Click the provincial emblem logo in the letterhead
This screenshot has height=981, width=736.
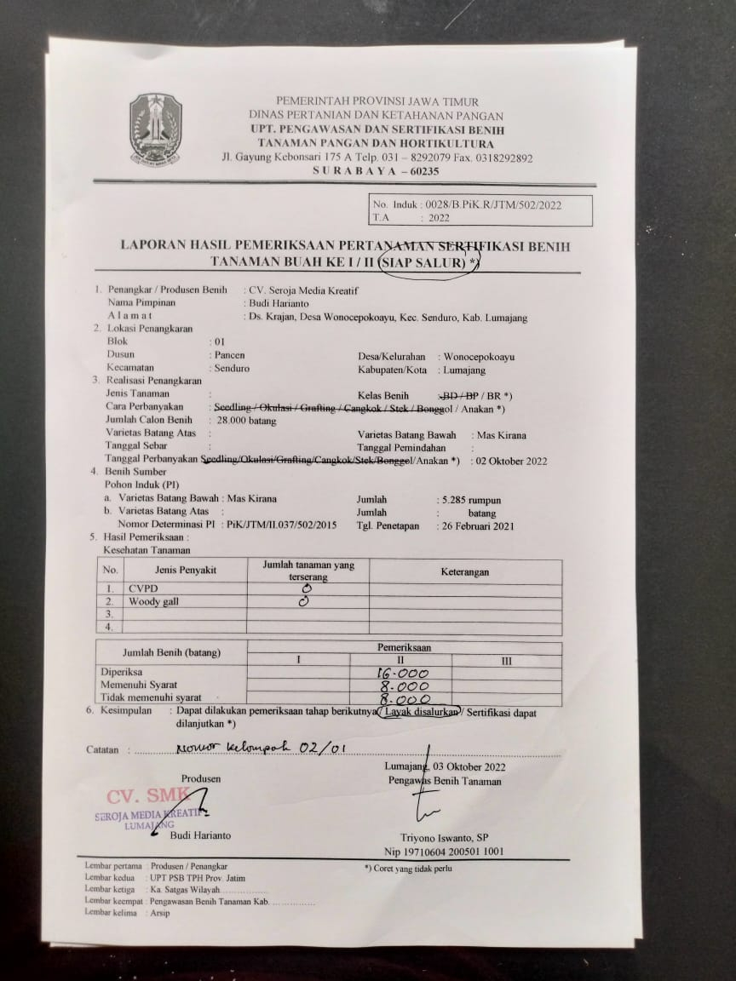(155, 129)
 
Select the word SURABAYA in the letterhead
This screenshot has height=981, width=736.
(352, 170)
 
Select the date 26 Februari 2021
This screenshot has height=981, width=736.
(477, 525)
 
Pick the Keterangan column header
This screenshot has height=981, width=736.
(464, 571)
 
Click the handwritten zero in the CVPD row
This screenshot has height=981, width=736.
(307, 588)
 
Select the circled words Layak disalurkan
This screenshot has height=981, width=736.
(421, 712)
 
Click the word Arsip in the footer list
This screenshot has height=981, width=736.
(158, 912)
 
